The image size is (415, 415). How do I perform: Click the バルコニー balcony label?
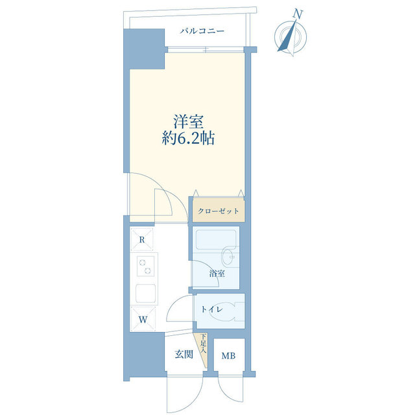(202, 30)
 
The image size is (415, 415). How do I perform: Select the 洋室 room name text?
(189, 121)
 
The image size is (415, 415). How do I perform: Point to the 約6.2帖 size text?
(189, 138)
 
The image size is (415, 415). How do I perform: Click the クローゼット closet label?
(219, 211)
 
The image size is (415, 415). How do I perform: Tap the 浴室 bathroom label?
(217, 274)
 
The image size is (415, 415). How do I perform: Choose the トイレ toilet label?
(211, 309)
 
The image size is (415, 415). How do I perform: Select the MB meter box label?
(229, 355)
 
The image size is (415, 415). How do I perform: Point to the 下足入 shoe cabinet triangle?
(204, 344)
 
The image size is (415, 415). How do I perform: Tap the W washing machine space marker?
(142, 319)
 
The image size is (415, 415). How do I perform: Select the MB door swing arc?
(230, 392)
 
